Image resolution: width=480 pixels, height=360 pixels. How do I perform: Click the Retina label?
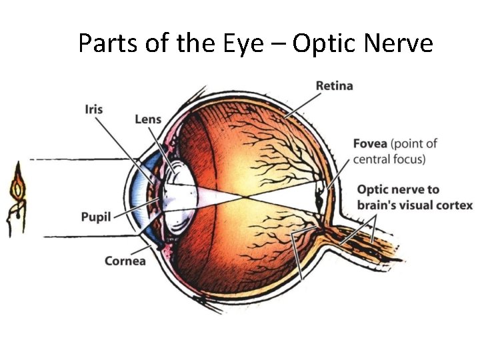point(334,85)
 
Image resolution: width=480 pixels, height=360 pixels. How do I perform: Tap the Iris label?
point(94,108)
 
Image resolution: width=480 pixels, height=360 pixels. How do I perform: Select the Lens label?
point(148,119)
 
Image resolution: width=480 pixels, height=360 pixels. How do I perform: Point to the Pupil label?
point(95,217)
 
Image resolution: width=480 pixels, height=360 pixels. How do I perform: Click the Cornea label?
point(125,261)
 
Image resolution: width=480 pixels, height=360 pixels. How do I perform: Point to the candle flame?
point(17,187)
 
